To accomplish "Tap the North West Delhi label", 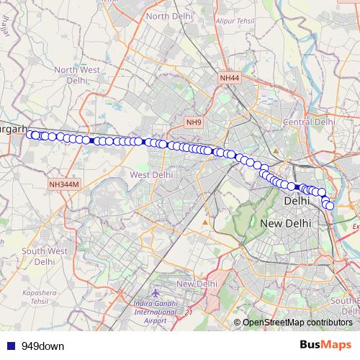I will click(76, 75).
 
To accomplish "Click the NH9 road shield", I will click(194, 122).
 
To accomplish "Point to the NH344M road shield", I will click(63, 185).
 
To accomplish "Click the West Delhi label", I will click(151, 174).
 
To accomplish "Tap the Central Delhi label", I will click(309, 122).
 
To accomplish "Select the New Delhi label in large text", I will click(285, 224).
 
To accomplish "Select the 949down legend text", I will click(42, 346).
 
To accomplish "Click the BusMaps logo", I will click(325, 345).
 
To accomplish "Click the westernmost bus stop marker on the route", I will click(30, 134).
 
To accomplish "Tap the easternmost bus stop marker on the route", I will click(330, 206).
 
